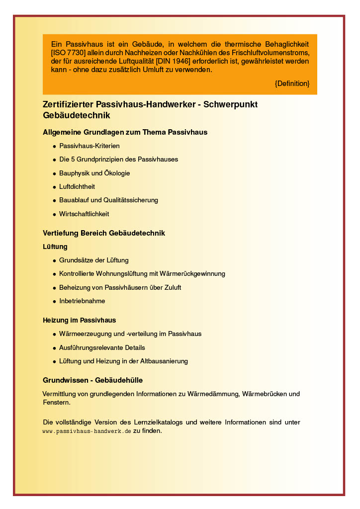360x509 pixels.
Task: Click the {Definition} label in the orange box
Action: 292,84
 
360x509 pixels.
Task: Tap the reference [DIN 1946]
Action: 173,61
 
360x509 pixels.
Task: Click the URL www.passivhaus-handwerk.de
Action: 87,431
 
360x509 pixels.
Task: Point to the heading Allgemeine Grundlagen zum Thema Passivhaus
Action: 125,132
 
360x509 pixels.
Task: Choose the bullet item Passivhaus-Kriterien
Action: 90,146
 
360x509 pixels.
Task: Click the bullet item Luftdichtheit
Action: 77,187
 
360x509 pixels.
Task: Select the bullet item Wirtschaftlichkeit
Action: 84,214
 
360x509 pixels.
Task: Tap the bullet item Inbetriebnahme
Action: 82,301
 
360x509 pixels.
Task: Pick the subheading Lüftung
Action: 55,247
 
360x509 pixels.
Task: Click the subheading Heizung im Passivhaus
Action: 80,320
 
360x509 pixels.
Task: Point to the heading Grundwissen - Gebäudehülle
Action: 92,380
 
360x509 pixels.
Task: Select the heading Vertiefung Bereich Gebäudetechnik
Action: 104,233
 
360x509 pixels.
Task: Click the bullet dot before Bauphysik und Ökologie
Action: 54,173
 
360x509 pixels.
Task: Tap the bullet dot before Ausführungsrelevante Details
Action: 54,348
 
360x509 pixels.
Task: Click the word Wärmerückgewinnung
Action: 196,274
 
